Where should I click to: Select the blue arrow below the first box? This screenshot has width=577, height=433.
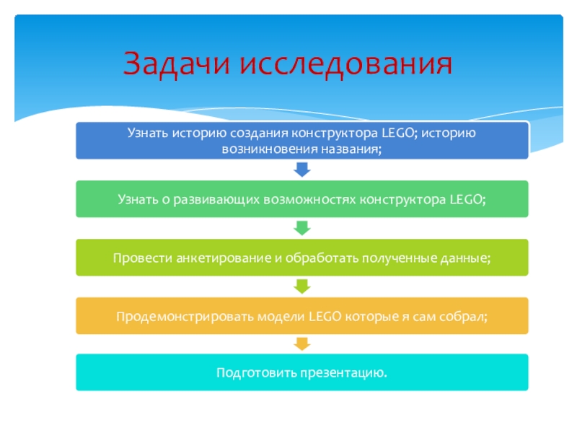click(x=303, y=170)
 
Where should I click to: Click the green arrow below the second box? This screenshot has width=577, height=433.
click(x=303, y=228)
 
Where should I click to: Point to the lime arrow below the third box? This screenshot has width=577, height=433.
click(x=303, y=287)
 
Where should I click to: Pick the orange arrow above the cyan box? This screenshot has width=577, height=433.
click(x=303, y=344)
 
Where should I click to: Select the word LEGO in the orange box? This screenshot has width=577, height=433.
click(x=326, y=315)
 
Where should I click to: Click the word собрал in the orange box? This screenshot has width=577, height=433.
click(x=463, y=315)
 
